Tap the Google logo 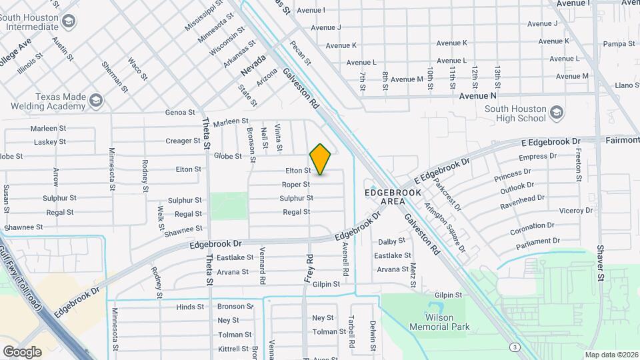click(22, 351)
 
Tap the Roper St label click(296, 185)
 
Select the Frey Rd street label click(309, 266)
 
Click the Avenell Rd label click(346, 259)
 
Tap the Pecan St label click(301, 53)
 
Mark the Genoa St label click(181, 113)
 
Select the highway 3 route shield click(515, 347)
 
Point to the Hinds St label click(190, 307)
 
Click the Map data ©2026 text click(611, 355)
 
